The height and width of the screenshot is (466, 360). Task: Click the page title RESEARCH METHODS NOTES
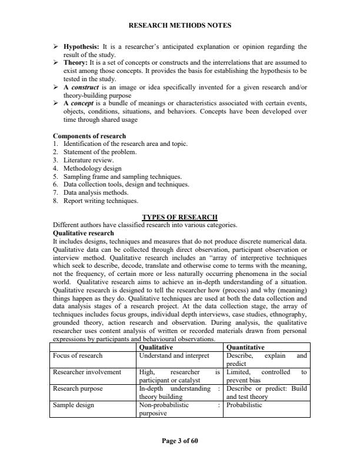pos(179,25)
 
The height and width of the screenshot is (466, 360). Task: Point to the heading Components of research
pos(89,137)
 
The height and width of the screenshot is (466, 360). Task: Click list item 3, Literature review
pos(88,159)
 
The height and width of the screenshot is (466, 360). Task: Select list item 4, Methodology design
pos(91,168)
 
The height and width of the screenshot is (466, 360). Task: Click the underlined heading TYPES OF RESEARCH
pos(180,217)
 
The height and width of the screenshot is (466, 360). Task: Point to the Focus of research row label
pos(78,355)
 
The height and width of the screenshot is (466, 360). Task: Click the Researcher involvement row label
pos(87,372)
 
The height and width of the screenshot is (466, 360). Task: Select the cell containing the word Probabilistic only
pos(245,405)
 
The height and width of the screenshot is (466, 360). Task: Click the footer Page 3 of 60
pos(179,440)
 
